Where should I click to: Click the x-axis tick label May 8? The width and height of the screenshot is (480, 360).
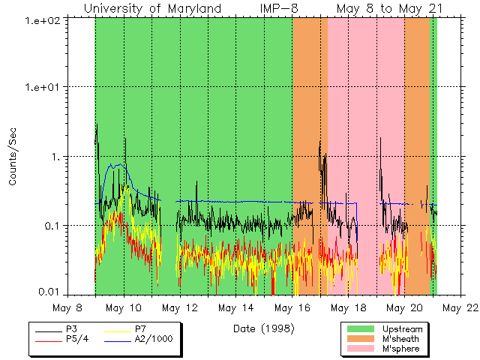tap(68, 307)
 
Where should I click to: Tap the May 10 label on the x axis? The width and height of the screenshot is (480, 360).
tap(124, 307)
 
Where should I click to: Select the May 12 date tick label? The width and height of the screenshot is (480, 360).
tap(180, 307)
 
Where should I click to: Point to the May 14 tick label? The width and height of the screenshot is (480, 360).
tap(236, 307)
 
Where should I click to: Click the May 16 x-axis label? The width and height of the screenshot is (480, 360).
tap(292, 307)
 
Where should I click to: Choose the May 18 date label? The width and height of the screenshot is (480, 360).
tap(349, 307)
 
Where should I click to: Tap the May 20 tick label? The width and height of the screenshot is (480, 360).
tap(405, 307)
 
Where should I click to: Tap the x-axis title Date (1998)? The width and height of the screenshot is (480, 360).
tap(263, 328)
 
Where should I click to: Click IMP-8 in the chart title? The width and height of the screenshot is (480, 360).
tap(281, 8)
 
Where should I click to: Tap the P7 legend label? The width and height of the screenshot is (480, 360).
tap(140, 328)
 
